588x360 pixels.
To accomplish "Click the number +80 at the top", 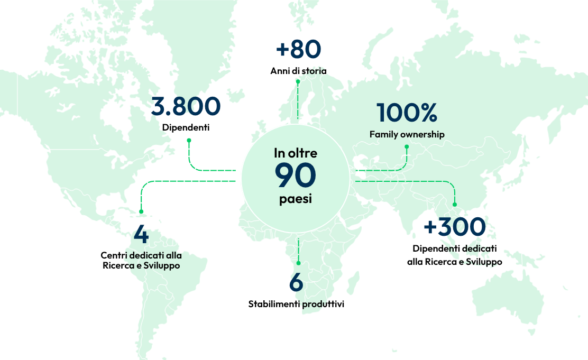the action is [x=298, y=49].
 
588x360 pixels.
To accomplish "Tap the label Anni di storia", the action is [x=298, y=71].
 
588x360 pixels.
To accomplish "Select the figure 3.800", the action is [x=186, y=106].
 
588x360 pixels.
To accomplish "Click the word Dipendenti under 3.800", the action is [x=186, y=127].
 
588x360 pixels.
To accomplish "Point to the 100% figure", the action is [x=407, y=113].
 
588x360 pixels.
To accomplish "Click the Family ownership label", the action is [x=407, y=134].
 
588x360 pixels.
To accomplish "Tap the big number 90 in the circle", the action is [x=295, y=176].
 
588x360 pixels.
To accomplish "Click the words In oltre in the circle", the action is [x=295, y=153].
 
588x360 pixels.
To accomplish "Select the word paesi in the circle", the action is [x=295, y=200].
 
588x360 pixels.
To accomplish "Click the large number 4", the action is [x=141, y=235].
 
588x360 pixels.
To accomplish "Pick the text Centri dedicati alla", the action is [x=141, y=255].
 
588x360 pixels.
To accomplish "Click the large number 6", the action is [x=296, y=283].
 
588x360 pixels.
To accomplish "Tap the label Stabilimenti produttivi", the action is [x=296, y=304].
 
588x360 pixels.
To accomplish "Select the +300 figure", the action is [x=454, y=227].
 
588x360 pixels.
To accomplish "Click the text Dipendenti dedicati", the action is [x=454, y=249].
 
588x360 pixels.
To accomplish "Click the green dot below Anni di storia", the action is [x=298, y=81].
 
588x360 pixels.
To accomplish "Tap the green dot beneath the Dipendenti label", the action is [x=189, y=140].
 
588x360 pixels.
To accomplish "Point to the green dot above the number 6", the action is [x=298, y=263].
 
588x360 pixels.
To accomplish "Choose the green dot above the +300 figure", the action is [x=455, y=205].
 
